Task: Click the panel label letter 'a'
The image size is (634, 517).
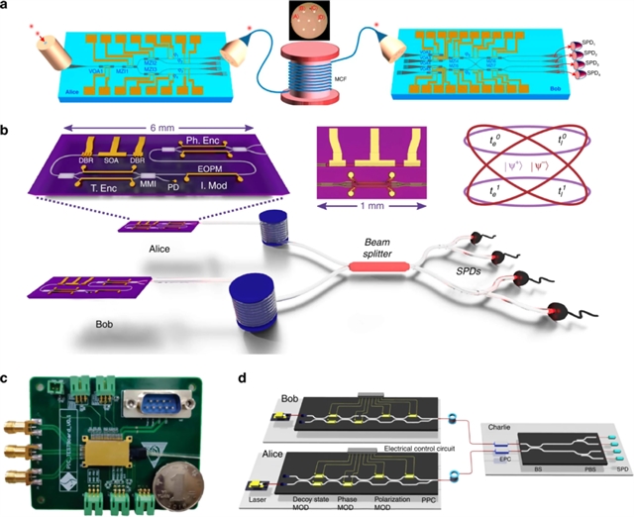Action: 7,8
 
